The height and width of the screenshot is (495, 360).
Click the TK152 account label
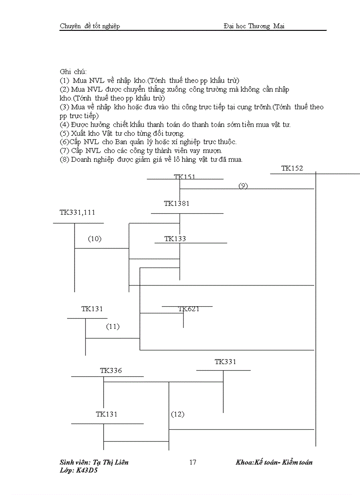pos(292,168)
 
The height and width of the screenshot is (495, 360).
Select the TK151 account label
pos(184,177)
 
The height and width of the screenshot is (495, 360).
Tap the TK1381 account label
pos(176,204)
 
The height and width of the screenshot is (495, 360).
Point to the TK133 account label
pos(175,239)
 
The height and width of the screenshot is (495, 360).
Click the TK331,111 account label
pos(77,212)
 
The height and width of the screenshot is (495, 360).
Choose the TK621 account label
pos(189,309)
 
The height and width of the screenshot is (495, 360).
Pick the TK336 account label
pos(111,371)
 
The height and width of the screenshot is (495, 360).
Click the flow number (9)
pos(243,186)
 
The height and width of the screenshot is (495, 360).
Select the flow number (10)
pos(94,239)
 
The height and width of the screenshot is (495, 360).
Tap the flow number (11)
pos(112,327)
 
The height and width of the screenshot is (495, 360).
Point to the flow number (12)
pos(177,414)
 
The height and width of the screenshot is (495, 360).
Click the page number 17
pos(192,462)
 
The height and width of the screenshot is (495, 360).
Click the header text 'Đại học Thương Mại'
pos(254,26)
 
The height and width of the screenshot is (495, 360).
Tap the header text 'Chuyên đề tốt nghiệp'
pos(90,26)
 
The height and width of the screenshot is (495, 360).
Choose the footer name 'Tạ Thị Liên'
pos(111,462)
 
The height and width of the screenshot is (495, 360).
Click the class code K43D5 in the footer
pos(86,470)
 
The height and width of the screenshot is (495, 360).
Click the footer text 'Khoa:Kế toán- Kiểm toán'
pos(274,462)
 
